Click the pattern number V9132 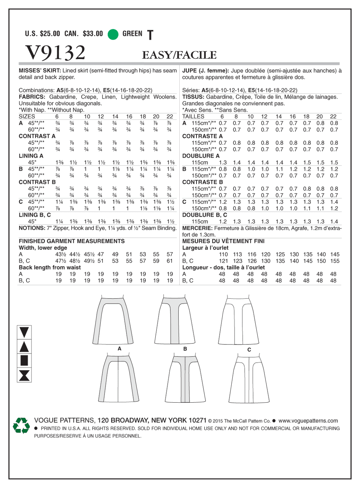click(56, 53)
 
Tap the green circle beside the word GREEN click(113, 34)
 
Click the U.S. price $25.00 click(50, 34)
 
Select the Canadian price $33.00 click(93, 34)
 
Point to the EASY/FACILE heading click(179, 55)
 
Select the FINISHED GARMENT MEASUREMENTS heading click(72, 241)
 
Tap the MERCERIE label click(197, 228)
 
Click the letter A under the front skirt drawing click(120, 349)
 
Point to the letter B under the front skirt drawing click(185, 349)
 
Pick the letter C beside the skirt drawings click(249, 350)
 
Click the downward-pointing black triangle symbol click(24, 332)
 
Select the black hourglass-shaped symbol click(24, 375)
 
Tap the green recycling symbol click(21, 425)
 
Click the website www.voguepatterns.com click(308, 421)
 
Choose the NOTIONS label click(32, 228)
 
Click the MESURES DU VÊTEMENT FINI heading click(223, 241)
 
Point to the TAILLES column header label click(193, 117)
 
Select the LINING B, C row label click(35, 215)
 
